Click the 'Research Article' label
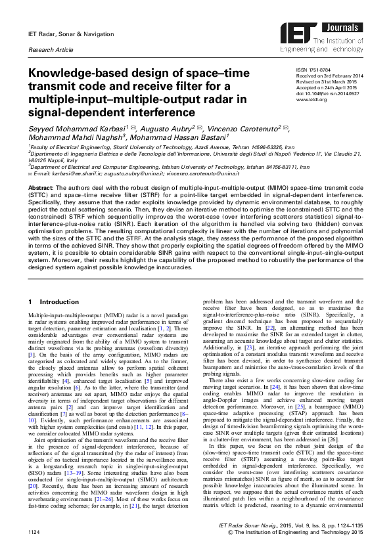[x=47, y=50]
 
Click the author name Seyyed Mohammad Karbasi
[x=72, y=131]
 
